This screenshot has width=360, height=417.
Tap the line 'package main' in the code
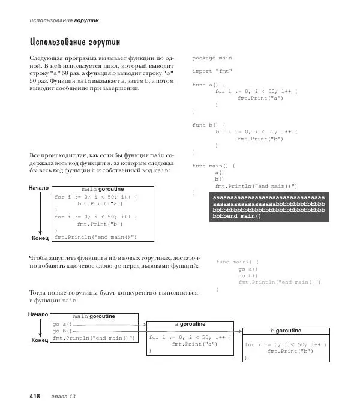(x=212, y=58)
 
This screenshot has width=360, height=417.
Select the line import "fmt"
(x=211, y=71)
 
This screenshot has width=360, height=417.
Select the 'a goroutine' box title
(x=189, y=324)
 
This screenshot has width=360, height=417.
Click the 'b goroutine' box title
(x=286, y=331)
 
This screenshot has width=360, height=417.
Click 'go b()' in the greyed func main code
(x=248, y=275)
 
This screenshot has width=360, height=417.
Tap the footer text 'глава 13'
(x=64, y=397)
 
